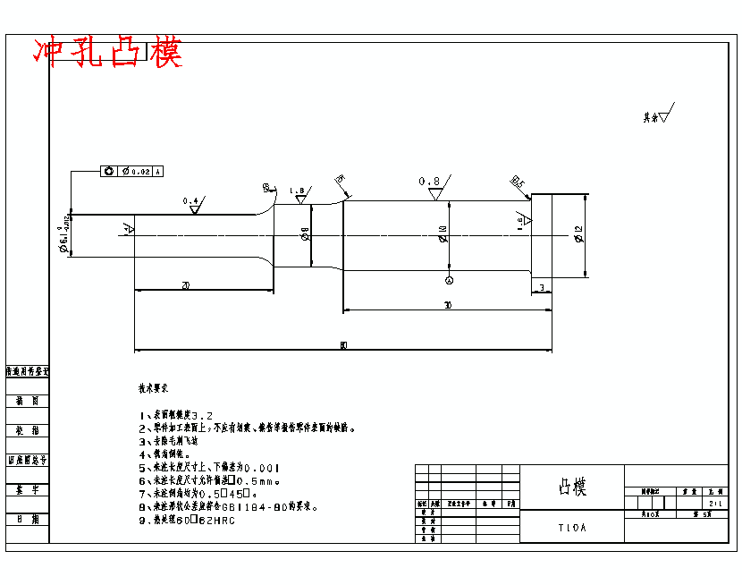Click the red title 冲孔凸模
107,53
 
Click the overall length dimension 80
343,345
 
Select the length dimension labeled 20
185,285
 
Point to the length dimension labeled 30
447,306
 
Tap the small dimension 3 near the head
543,286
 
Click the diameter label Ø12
578,234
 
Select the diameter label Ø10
443,234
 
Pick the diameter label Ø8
305,234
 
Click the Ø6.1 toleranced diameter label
65,236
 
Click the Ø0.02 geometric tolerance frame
131,171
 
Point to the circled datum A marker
449,280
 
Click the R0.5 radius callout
518,182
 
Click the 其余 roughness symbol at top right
661,115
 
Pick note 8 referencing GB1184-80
229,506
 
